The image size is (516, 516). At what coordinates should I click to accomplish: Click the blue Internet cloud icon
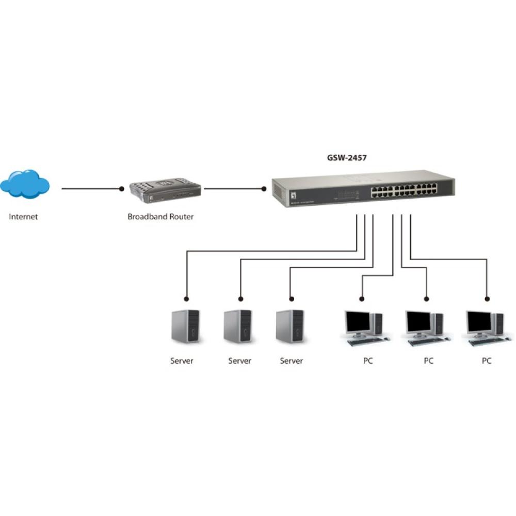tap(25, 184)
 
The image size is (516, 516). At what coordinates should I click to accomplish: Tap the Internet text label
tap(23, 217)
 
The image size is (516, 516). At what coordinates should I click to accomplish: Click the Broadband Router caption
tap(160, 217)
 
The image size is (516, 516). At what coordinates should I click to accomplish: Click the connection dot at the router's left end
tap(122, 189)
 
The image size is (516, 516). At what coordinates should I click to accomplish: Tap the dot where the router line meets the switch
tap(263, 189)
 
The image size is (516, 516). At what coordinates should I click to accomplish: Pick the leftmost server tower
tap(186, 326)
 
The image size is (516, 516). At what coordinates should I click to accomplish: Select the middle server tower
tap(238, 326)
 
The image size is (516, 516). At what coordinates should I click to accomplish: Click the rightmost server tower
tap(290, 326)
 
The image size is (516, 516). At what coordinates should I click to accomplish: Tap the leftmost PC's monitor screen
tap(358, 322)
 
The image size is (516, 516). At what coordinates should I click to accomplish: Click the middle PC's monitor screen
tap(418, 322)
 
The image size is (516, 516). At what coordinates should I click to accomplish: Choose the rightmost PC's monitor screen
tap(479, 322)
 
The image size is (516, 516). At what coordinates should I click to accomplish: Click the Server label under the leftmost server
tap(182, 361)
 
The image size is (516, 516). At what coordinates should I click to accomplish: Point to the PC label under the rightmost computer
tap(487, 361)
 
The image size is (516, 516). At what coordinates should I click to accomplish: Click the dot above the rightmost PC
tap(487, 298)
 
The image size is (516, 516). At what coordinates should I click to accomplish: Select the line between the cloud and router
tap(90, 189)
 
